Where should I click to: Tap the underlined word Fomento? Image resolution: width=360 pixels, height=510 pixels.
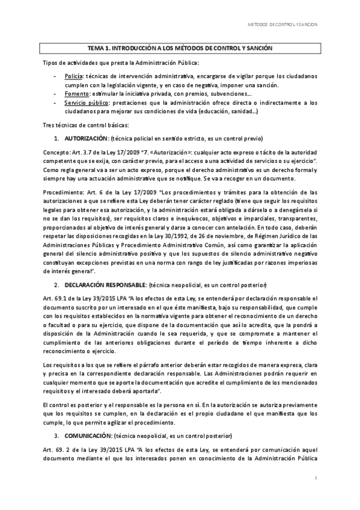(x=76, y=94)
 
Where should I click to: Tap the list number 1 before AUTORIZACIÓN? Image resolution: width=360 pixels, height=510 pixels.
(x=56, y=138)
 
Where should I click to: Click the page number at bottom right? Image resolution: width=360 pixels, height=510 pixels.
(x=316, y=477)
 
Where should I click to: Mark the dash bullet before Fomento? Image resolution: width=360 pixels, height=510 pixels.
(x=55, y=94)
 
